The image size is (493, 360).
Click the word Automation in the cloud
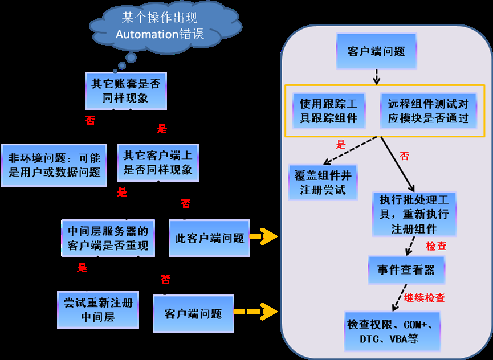147,34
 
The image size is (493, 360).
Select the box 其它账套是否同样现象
126,91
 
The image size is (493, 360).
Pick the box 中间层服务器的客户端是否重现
108,239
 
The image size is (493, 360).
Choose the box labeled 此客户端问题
209,238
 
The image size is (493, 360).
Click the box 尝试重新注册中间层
98,310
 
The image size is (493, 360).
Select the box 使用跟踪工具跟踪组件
328,111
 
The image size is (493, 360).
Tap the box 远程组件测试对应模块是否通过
428,111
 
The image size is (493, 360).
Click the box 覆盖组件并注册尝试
323,182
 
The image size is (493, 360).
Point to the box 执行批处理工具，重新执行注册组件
414,215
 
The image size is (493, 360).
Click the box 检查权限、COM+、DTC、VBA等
392,331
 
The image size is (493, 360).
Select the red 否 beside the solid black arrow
404,156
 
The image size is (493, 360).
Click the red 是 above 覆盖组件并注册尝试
341,145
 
